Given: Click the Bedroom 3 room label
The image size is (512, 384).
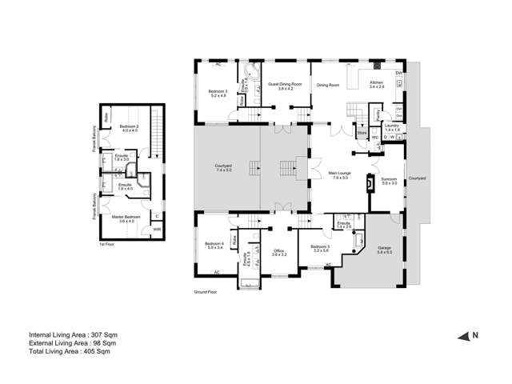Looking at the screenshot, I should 218,92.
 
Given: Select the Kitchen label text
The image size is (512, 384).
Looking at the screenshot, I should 377,83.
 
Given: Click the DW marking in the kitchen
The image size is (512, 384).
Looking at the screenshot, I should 398,74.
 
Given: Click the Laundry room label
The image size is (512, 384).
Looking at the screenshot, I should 391,126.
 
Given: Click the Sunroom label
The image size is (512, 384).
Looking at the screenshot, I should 390,180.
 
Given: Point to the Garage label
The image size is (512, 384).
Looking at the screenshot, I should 384,249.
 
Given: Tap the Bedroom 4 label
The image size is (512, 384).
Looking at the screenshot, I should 214,244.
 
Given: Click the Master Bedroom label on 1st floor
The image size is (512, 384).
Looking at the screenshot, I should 126,217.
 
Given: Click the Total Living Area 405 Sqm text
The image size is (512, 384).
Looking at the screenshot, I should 69,351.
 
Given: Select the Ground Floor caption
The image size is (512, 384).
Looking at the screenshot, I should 206,293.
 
